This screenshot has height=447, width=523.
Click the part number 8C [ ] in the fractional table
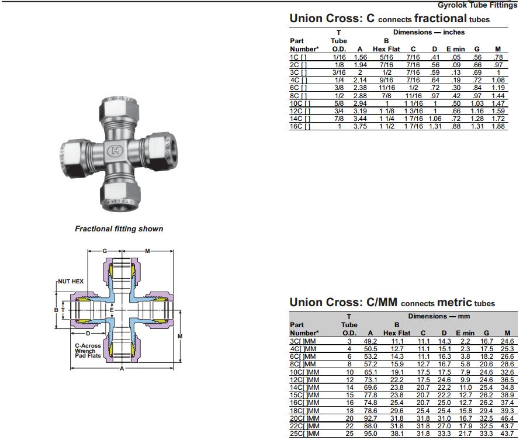(298, 96)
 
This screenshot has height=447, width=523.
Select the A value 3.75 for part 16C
(360, 126)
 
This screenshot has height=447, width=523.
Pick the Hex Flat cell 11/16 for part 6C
(387, 88)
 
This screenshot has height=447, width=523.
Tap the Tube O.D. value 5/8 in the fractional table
(339, 103)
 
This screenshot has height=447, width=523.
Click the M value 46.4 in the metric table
(507, 418)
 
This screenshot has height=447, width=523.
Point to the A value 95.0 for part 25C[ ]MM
(370, 434)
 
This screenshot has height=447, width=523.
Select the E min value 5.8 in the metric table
(465, 364)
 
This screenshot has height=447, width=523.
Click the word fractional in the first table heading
(440, 18)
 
